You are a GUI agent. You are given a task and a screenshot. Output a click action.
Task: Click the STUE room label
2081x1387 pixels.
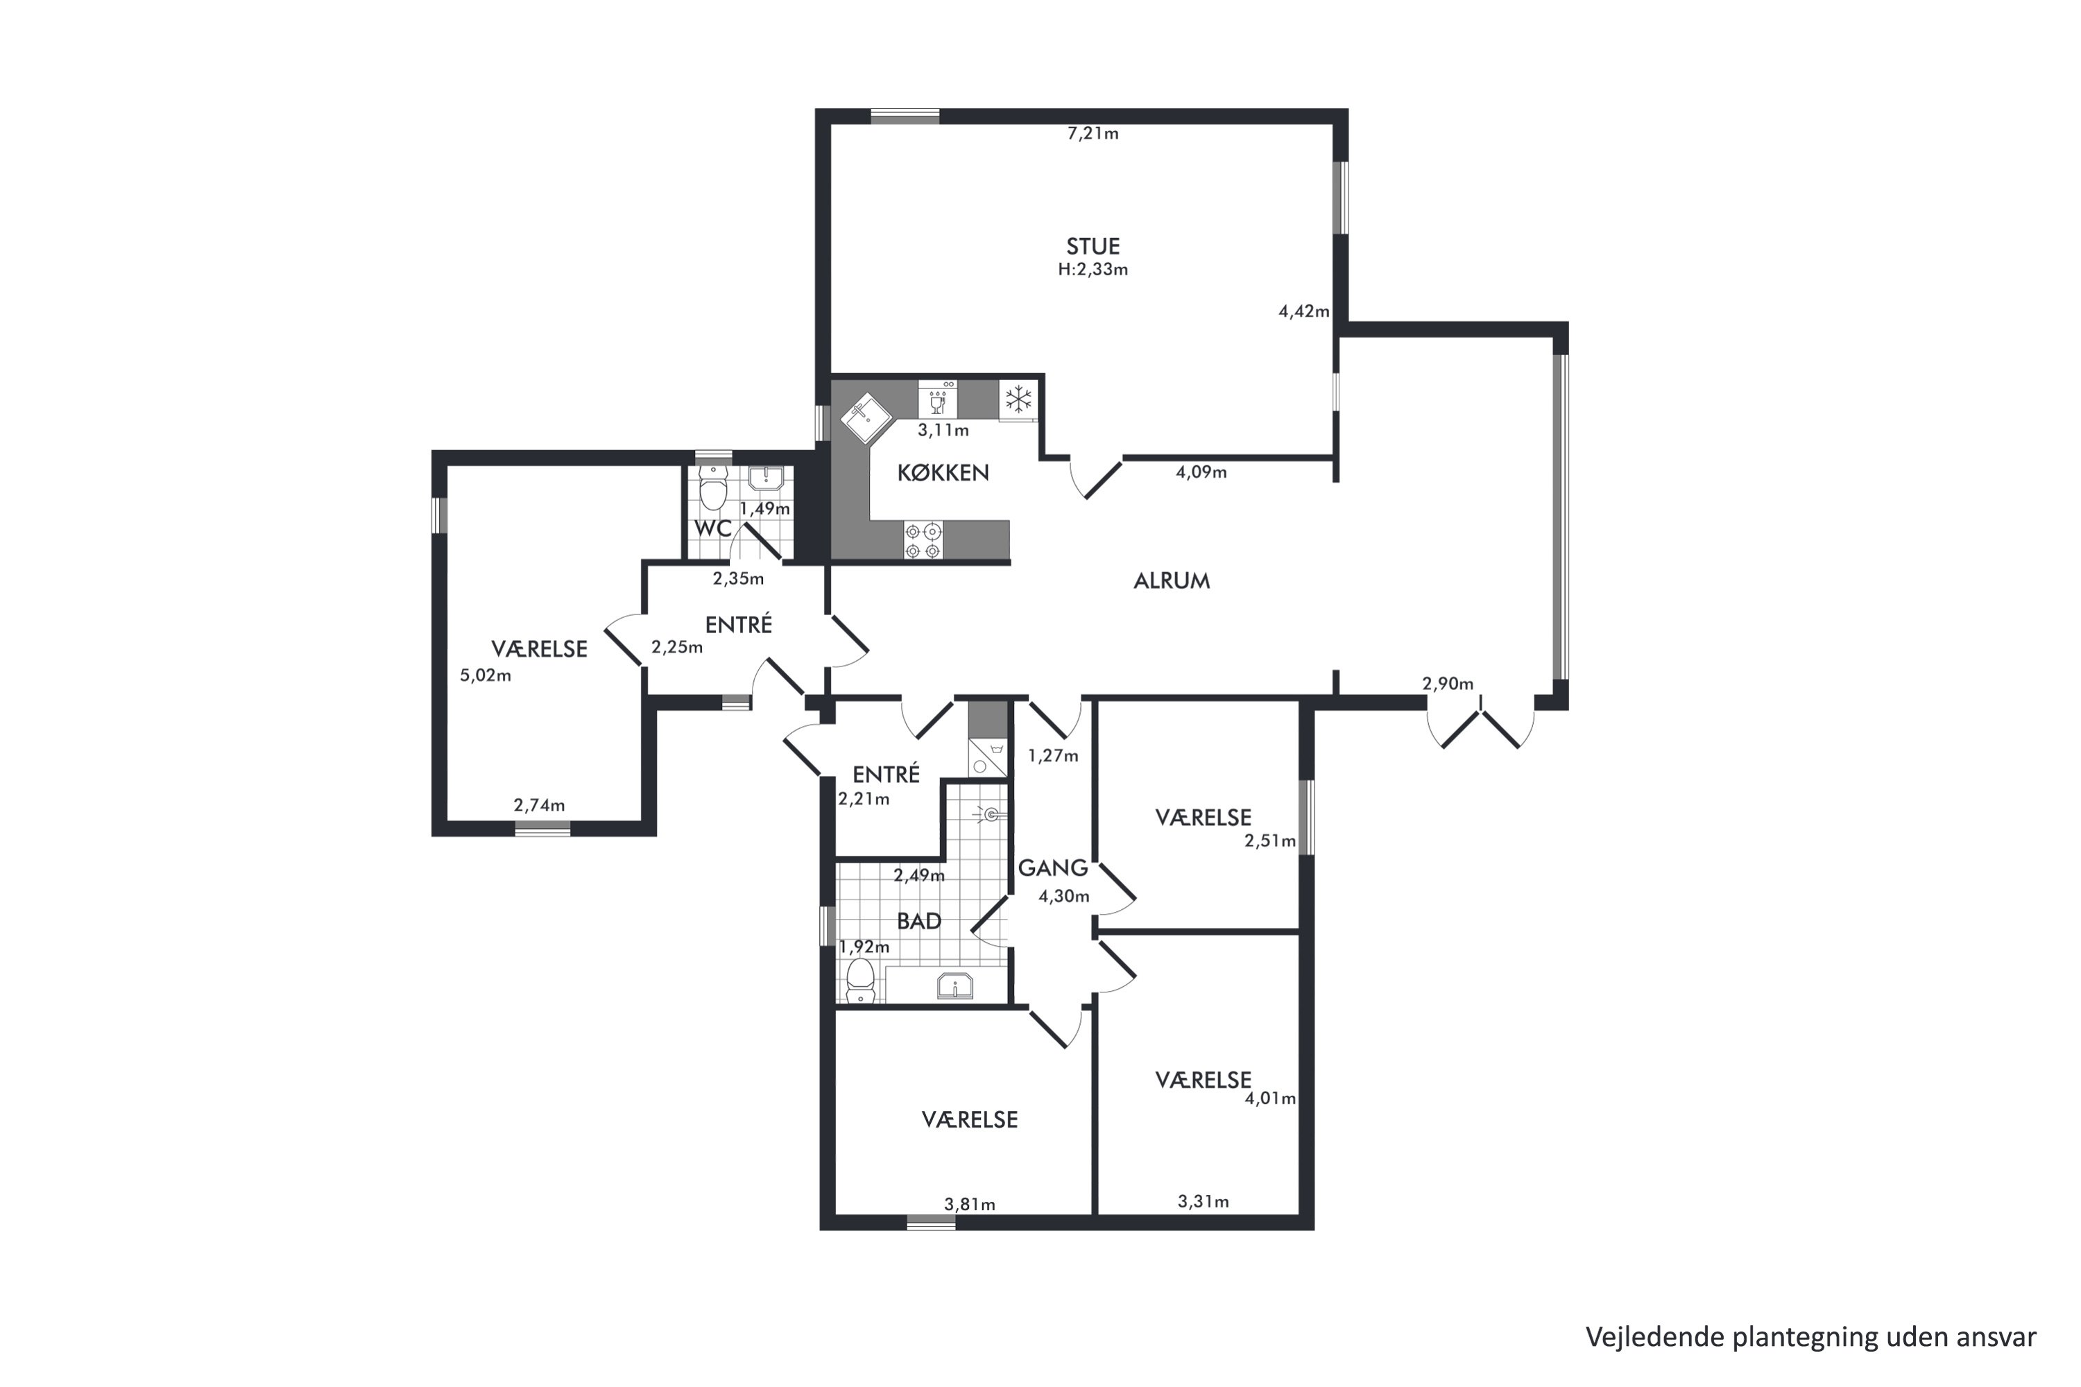coord(1093,246)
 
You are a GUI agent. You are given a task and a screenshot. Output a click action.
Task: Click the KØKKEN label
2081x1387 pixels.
coord(943,472)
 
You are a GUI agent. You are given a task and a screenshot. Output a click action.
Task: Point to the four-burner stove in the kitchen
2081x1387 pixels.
coord(923,540)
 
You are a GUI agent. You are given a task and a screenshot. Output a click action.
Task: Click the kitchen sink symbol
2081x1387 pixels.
coord(867,417)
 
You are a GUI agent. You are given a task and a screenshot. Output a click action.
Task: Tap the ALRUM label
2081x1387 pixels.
coord(1172,580)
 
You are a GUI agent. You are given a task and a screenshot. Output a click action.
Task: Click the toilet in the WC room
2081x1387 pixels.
coord(712,489)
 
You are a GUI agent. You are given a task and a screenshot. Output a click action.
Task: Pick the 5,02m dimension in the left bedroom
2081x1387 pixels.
coord(485,675)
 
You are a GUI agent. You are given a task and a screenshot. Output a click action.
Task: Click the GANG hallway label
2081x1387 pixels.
coord(1053,868)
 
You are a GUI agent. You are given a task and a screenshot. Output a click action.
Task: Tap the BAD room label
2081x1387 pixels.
coord(918,921)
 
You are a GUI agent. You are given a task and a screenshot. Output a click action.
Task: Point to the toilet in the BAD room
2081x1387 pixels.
coord(860,981)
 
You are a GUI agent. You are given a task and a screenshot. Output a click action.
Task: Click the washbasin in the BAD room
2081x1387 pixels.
coord(954,985)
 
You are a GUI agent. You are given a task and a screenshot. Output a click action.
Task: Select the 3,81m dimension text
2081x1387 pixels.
coord(970,1204)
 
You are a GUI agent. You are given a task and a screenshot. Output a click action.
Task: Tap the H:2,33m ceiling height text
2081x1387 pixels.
coord(1093,270)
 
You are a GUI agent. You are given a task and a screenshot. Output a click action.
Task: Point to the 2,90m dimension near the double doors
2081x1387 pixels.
coord(1448,684)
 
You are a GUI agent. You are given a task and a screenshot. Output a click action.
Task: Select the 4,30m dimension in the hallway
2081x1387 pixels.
coord(1063,896)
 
